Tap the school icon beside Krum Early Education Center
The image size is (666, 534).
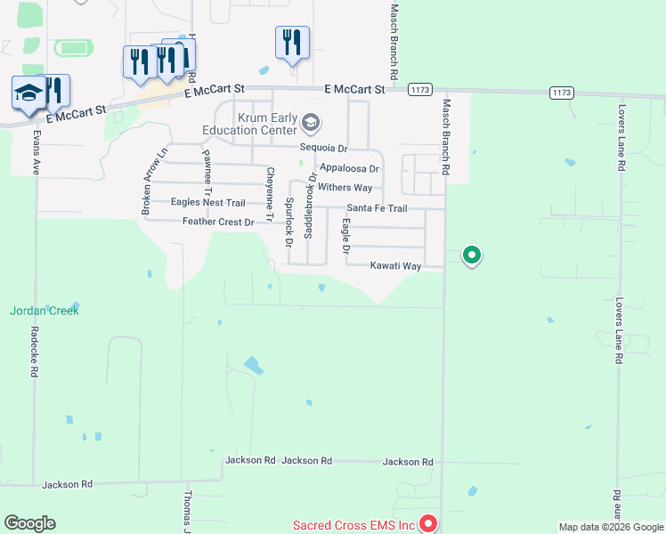click(x=311, y=122)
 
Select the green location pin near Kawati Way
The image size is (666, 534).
click(x=472, y=256)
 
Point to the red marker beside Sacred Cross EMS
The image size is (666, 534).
click(x=427, y=524)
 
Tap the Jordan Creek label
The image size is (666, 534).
click(x=45, y=311)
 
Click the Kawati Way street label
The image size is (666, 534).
click(x=396, y=266)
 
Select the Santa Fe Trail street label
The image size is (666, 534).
click(x=377, y=208)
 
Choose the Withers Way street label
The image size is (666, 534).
click(x=345, y=188)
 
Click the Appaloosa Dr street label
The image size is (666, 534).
click(x=349, y=168)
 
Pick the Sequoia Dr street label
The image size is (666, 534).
click(x=323, y=148)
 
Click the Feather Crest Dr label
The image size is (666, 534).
click(x=218, y=222)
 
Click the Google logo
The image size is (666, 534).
click(x=29, y=523)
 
